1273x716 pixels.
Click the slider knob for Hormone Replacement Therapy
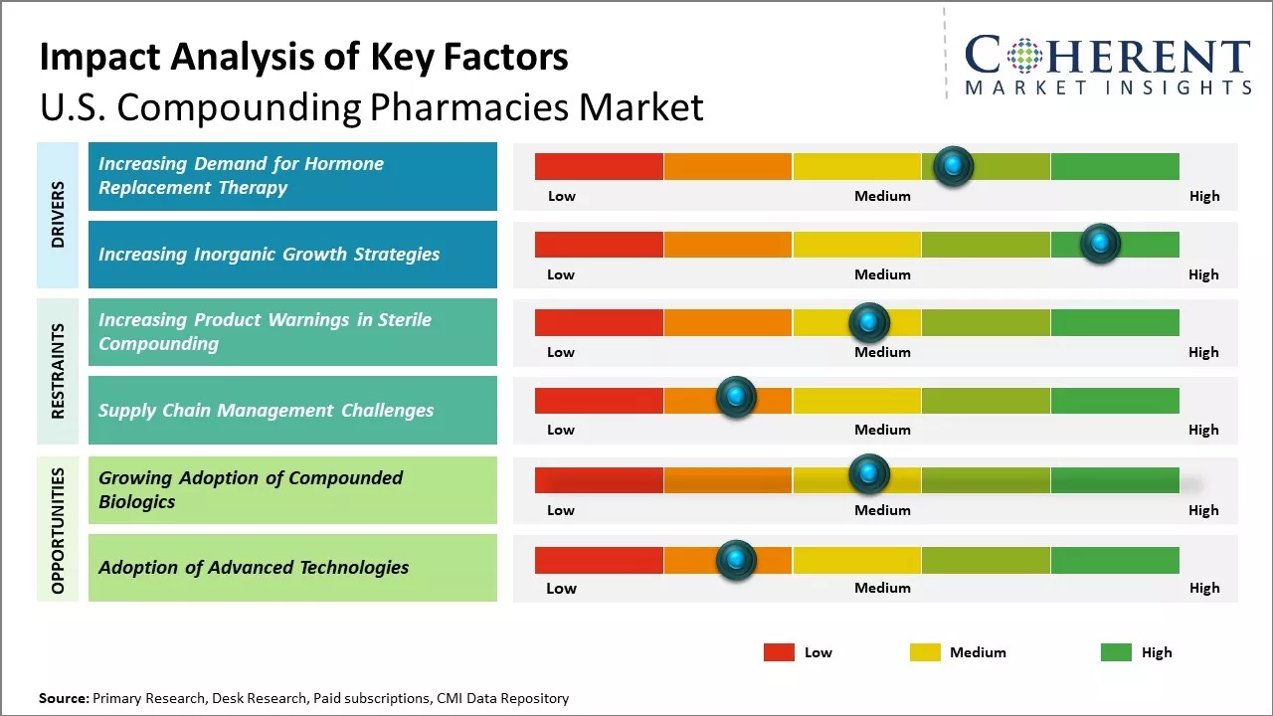tap(954, 166)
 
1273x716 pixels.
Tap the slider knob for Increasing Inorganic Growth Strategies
tap(1100, 244)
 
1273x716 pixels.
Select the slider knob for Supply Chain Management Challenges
tap(736, 398)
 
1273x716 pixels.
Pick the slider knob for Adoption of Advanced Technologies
tap(736, 561)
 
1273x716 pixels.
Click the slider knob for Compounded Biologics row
tap(869, 474)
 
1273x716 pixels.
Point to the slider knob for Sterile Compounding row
tap(869, 322)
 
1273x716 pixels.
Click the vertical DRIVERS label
tap(58, 215)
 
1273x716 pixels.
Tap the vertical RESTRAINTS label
tap(58, 371)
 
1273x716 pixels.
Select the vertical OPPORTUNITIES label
tap(58, 530)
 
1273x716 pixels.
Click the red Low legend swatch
tap(779, 652)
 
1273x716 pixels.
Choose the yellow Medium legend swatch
tap(925, 652)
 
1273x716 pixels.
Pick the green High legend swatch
tap(1116, 652)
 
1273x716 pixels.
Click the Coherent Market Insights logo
tap(1108, 66)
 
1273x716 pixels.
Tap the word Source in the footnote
tap(63, 698)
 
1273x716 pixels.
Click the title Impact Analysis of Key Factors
tap(303, 57)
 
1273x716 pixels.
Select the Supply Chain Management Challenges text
tap(266, 410)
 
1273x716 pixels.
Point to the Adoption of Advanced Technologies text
tap(254, 567)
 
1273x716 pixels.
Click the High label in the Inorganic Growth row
tap(1203, 274)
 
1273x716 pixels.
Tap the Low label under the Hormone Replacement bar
tap(562, 196)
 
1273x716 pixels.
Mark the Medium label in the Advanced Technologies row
tap(882, 588)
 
